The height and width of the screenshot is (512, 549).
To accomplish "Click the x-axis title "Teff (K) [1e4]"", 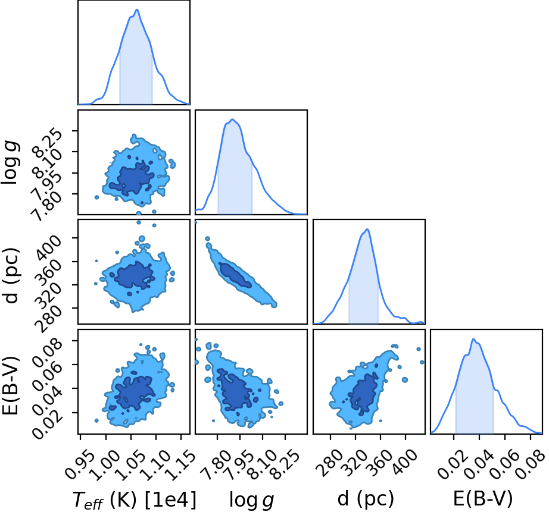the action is point(135,500).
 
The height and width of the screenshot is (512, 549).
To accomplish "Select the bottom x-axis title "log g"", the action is point(251,500).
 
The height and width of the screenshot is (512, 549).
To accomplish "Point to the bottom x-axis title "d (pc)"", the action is point(366,498).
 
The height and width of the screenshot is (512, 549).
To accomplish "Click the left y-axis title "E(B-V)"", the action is point(10,386).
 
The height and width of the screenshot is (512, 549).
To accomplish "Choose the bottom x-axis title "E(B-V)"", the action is point(483,498).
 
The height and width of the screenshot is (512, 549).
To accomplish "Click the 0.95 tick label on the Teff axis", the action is point(80,464).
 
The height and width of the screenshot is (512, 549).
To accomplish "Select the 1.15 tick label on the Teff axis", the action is point(180,464).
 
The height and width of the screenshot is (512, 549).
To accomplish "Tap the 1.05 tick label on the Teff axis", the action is point(130,464).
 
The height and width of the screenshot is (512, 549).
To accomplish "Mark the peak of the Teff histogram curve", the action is point(137,10).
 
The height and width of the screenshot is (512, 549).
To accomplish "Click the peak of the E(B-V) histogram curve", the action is point(473,339).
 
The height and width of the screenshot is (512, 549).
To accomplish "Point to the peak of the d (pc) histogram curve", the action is point(367,229).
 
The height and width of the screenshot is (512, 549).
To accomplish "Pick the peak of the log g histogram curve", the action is point(232,120).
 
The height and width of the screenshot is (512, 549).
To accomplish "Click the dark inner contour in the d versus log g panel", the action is point(235,275).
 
